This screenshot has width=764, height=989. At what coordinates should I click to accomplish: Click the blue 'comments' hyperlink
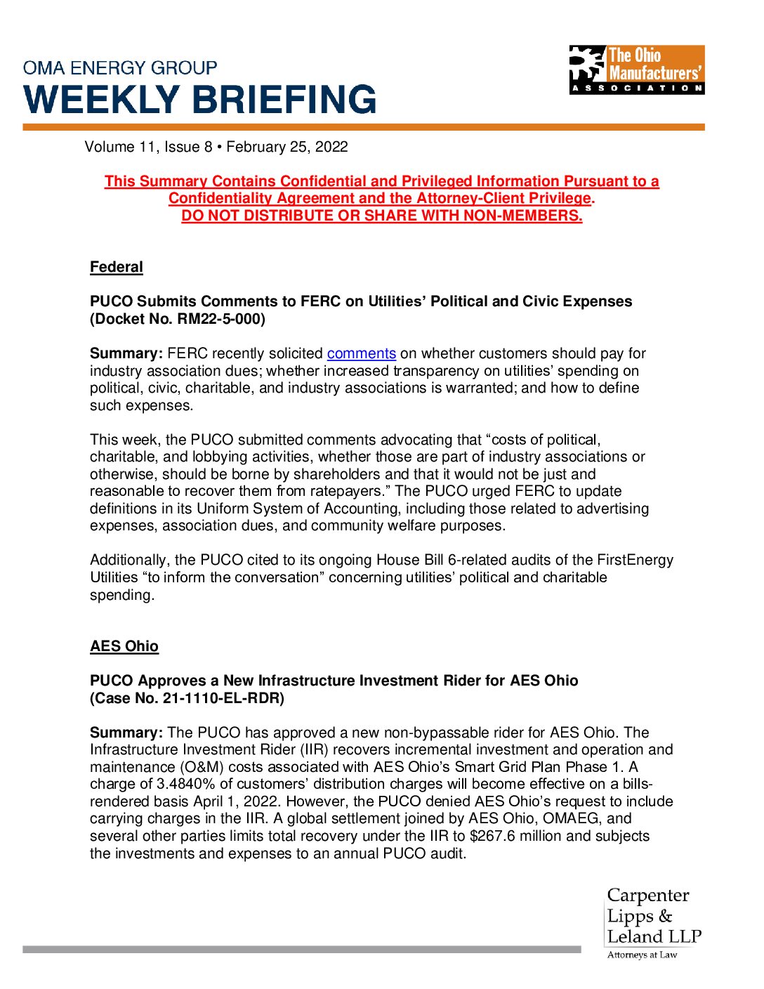pyautogui.click(x=361, y=353)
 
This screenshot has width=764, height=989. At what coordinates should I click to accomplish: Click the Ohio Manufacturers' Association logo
pyautogui.click(x=636, y=70)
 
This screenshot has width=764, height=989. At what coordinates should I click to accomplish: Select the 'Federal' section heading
pyautogui.click(x=117, y=267)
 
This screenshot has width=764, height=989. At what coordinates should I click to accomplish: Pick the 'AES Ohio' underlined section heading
pyautogui.click(x=124, y=646)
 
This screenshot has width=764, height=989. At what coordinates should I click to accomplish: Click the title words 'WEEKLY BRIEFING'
pyautogui.click(x=200, y=100)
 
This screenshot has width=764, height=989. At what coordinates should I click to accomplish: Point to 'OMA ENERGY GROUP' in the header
pyautogui.click(x=120, y=68)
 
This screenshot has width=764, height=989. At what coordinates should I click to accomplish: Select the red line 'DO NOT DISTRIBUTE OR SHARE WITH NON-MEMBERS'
pyautogui.click(x=381, y=216)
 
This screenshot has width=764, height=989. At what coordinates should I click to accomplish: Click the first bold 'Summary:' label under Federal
pyautogui.click(x=126, y=353)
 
